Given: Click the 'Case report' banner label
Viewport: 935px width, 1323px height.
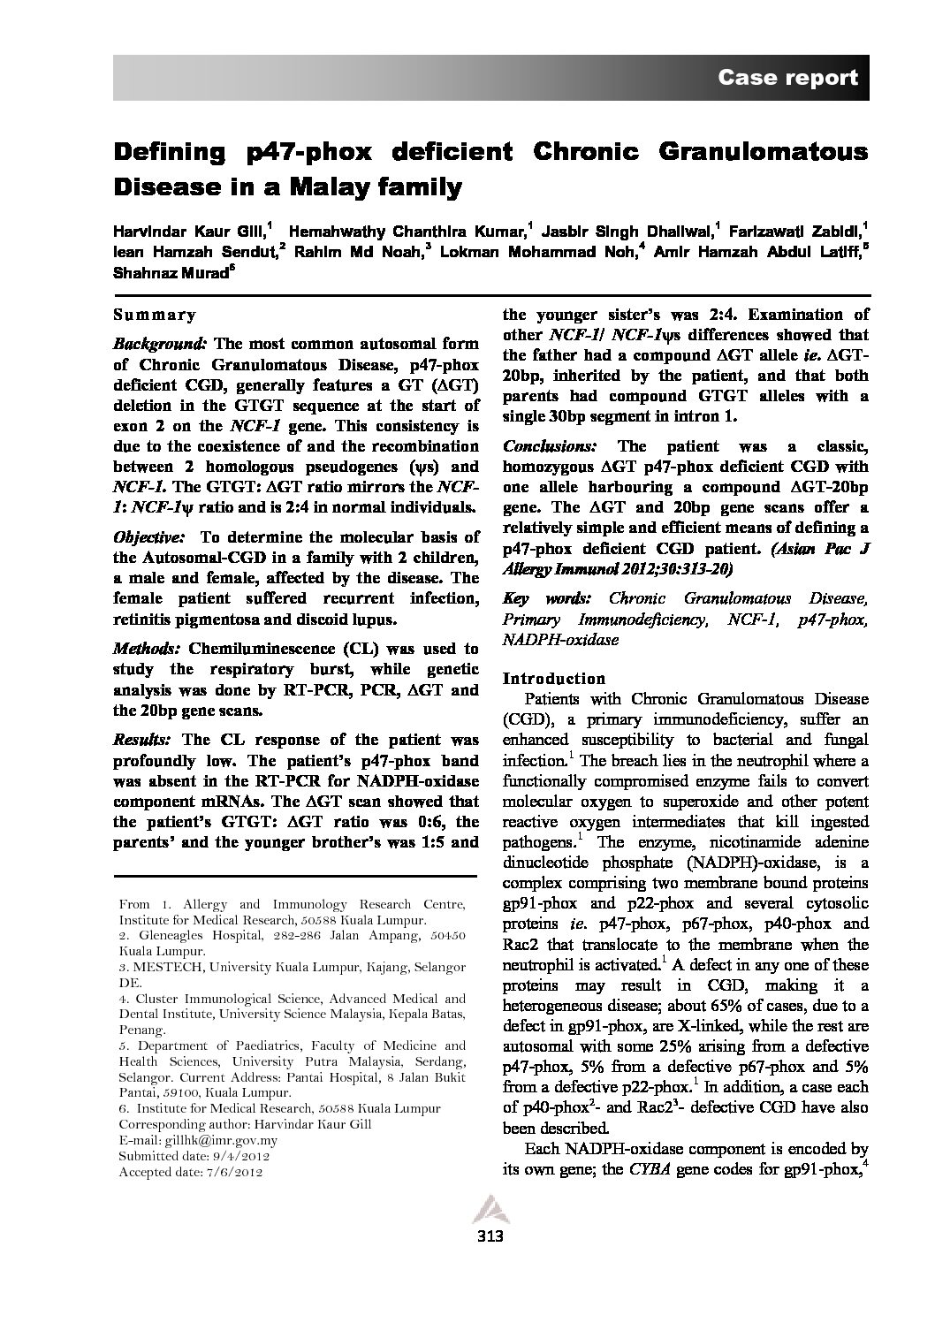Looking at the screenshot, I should click(787, 78).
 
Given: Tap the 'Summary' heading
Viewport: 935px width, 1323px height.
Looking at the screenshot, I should click(155, 315).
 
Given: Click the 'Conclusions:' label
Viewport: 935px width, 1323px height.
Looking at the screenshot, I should click(548, 446).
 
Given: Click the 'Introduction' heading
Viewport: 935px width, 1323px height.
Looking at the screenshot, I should click(553, 679).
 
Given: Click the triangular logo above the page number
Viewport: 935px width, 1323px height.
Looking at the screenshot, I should click(487, 1209).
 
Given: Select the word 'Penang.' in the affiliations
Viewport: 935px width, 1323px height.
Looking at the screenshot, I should click(141, 1030).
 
